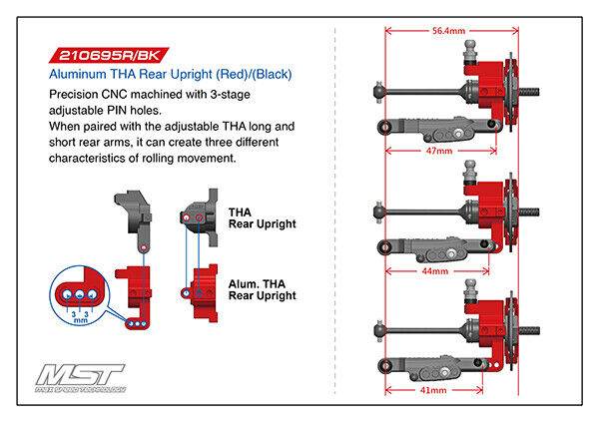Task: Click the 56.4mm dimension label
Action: [449, 32]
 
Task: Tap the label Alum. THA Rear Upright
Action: [263, 289]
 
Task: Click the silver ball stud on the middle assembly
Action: [466, 177]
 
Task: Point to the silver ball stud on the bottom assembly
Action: [465, 295]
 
